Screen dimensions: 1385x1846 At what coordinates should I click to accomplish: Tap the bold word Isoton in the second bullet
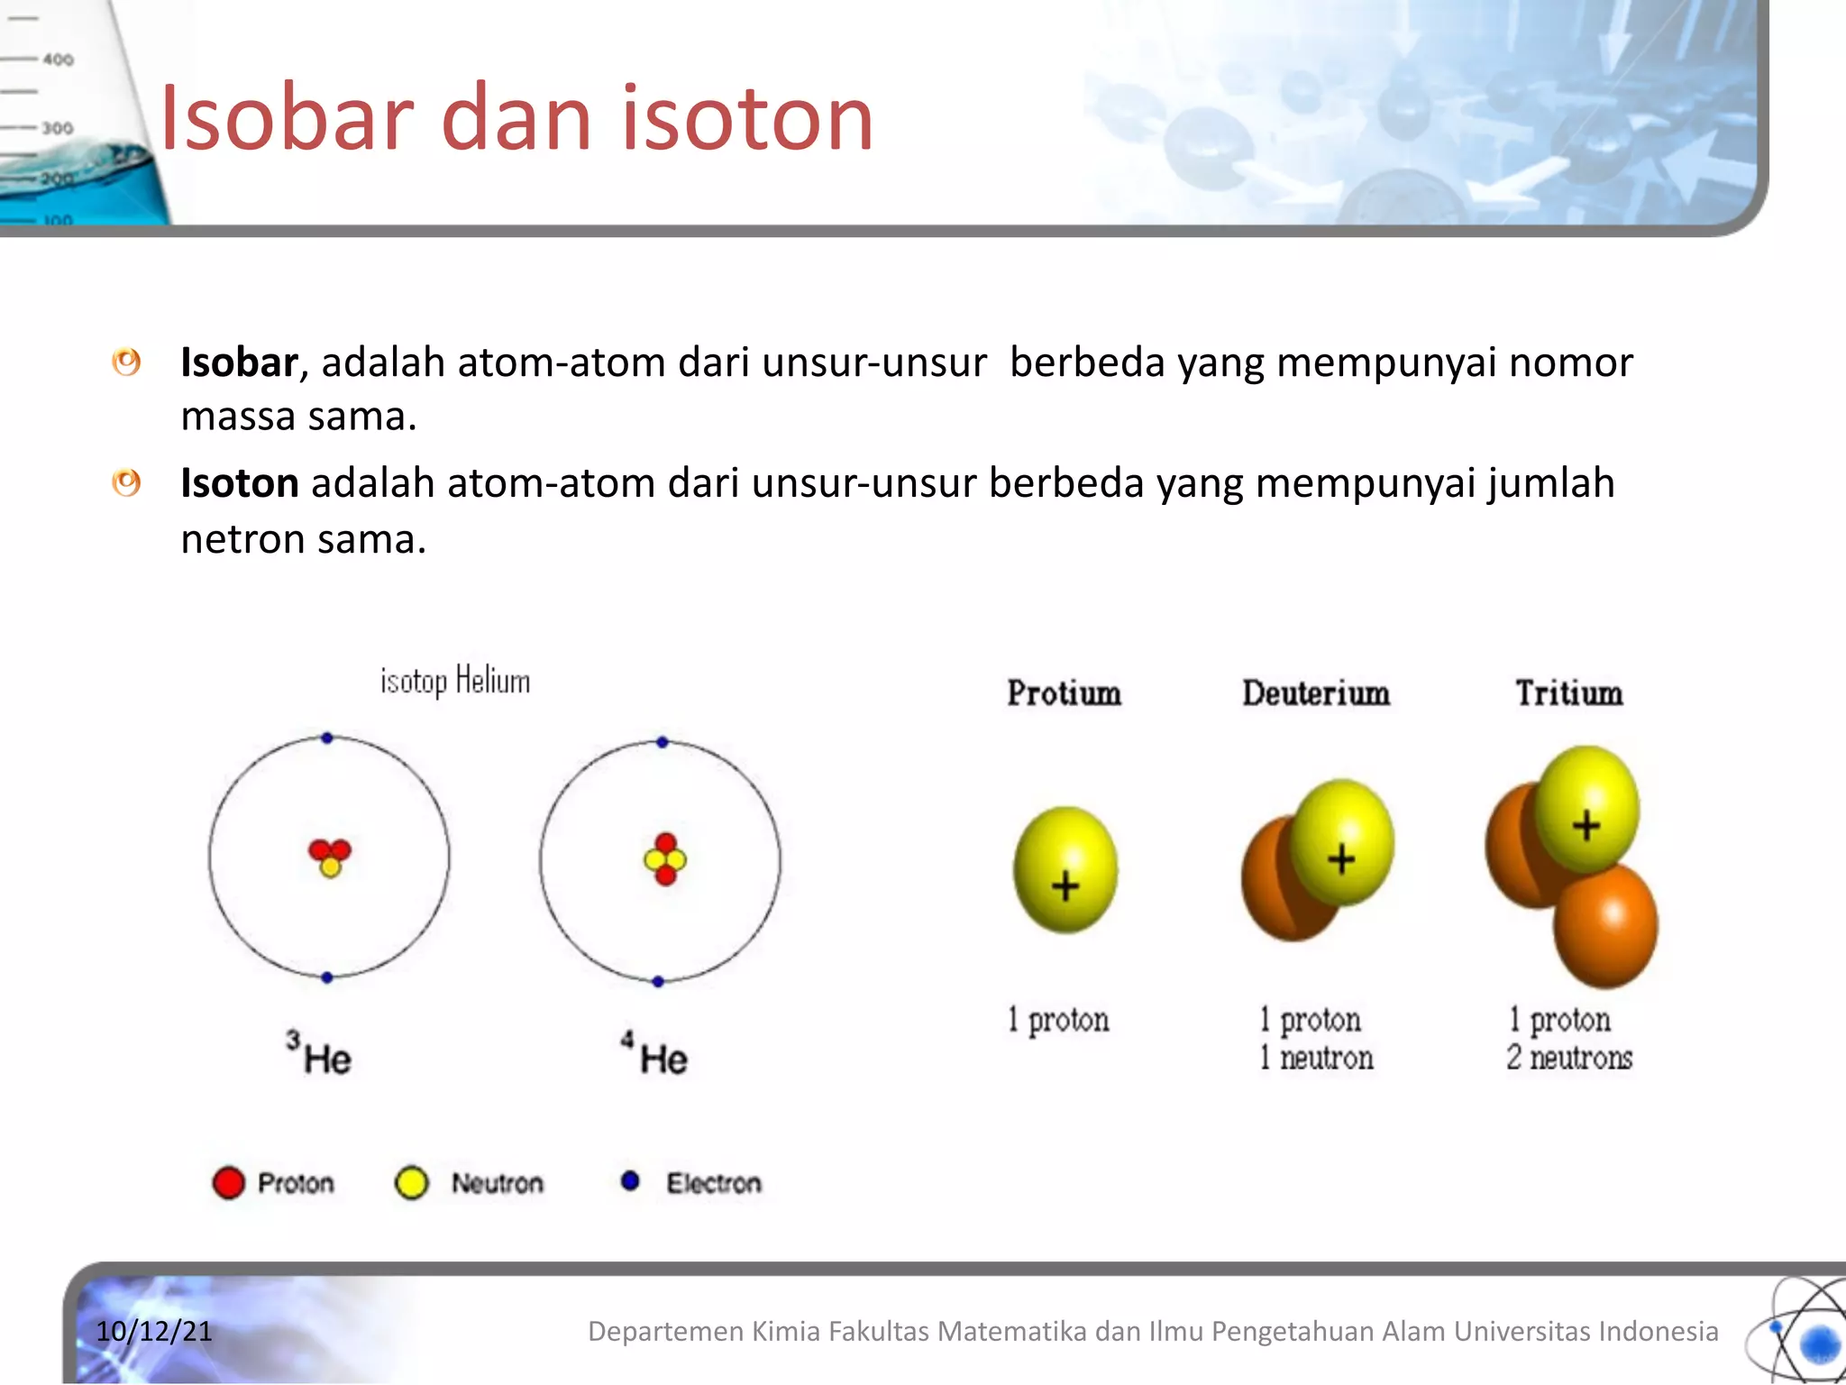click(239, 483)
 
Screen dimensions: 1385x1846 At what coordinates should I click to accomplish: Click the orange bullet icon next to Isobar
click(126, 362)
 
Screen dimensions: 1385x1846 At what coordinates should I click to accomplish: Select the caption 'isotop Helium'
click(454, 681)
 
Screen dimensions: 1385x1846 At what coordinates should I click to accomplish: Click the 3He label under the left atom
click(319, 1054)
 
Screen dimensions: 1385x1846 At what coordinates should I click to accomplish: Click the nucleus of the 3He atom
click(329, 857)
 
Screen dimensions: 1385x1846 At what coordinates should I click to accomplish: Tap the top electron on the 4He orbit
click(663, 742)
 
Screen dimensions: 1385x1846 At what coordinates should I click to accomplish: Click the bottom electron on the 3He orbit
click(327, 977)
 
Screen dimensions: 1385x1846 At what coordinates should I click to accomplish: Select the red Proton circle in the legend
click(228, 1183)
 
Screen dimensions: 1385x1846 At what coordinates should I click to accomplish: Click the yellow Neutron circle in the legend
click(412, 1183)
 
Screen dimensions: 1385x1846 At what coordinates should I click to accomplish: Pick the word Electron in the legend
click(713, 1183)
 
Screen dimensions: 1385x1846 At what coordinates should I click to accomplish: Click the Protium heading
click(1064, 693)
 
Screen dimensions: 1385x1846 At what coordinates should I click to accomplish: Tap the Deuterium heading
click(1316, 693)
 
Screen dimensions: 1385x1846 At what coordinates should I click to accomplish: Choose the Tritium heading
click(1568, 693)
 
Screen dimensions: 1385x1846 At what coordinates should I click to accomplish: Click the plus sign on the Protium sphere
click(1065, 885)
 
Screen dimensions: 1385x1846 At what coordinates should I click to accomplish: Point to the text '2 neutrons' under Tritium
click(1569, 1058)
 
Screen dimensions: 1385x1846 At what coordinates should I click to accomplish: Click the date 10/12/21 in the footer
click(154, 1331)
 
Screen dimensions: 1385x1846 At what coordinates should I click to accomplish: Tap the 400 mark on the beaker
click(58, 60)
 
